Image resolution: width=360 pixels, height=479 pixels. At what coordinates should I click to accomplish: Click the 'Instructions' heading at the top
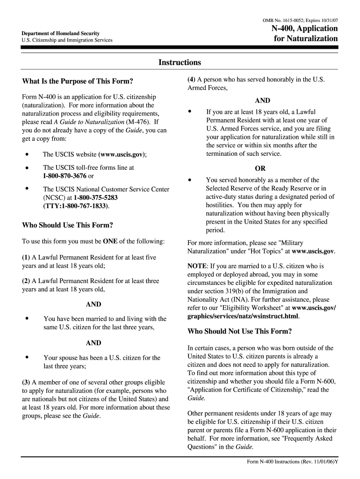[x=180, y=63]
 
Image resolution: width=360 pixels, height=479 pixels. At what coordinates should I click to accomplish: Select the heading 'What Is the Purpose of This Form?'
[x=78, y=81]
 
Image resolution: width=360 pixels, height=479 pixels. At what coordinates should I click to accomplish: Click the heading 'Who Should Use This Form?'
[x=67, y=225]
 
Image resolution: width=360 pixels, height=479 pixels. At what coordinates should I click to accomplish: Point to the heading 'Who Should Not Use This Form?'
[x=239, y=332]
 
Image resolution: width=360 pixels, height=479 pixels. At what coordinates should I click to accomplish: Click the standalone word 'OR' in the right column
[x=260, y=168]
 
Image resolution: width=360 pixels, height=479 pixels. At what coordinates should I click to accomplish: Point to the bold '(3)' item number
[x=26, y=382]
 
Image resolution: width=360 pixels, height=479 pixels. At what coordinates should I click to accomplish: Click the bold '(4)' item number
[x=192, y=80]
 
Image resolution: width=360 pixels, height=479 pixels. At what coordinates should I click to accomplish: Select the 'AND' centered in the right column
[x=262, y=101]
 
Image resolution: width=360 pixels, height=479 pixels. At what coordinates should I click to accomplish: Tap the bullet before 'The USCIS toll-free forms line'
[x=28, y=167]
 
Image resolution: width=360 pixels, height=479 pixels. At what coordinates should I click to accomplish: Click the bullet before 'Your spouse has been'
[x=28, y=357]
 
